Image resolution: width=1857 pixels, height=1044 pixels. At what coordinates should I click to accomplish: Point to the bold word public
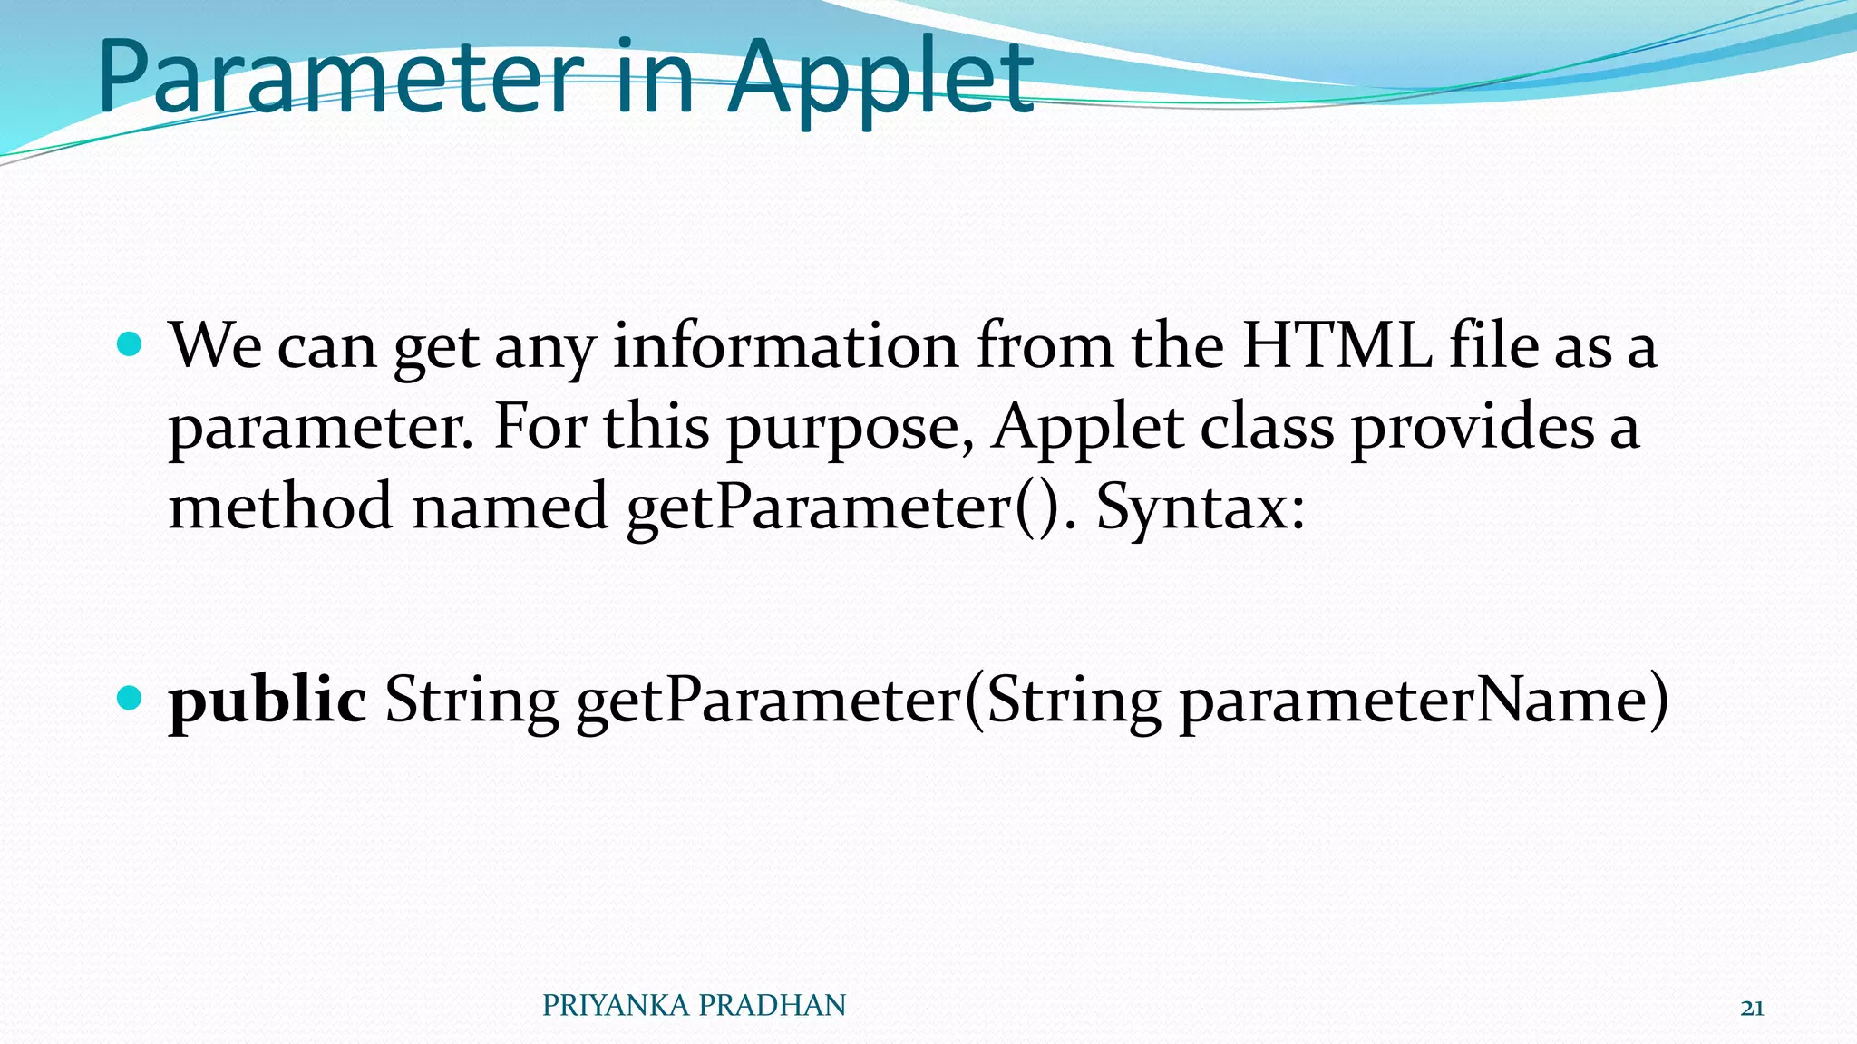coord(267,700)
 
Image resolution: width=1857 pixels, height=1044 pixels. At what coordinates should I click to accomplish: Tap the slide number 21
coord(1753,1009)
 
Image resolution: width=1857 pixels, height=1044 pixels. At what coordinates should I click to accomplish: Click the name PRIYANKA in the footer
coord(617,1006)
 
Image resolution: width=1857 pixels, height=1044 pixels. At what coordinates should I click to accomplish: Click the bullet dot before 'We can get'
coord(131,344)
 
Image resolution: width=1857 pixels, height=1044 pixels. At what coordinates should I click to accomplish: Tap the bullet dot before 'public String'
coord(131,698)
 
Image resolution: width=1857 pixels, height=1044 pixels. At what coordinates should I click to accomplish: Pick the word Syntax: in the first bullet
coord(1201,507)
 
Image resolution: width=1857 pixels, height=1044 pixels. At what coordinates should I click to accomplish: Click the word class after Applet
coord(1267,426)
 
